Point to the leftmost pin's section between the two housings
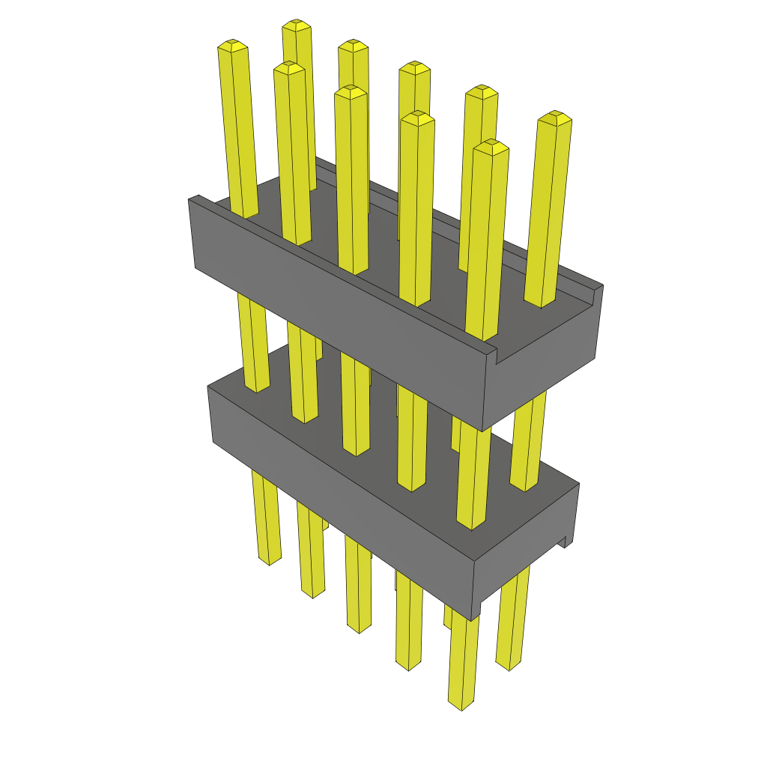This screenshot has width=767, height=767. click(x=253, y=345)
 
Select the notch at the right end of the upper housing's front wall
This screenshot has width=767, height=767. click(x=492, y=352)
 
